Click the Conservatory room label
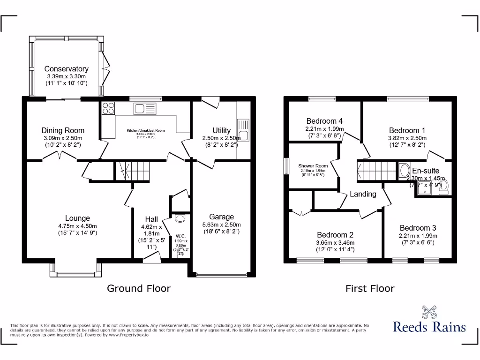(66, 69)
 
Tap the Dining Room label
(63, 130)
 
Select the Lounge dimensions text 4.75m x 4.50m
(77, 225)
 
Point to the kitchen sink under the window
(141, 109)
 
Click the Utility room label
(221, 130)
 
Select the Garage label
(221, 217)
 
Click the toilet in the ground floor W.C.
(180, 218)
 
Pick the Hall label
(151, 219)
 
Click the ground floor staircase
(131, 171)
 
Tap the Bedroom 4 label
(324, 121)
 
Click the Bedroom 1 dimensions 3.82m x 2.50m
(407, 138)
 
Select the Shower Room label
(313, 166)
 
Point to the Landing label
(363, 194)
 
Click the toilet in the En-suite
(444, 186)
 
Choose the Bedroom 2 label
(335, 235)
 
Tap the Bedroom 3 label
(418, 228)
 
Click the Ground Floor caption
(139, 288)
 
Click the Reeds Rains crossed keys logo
(429, 311)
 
